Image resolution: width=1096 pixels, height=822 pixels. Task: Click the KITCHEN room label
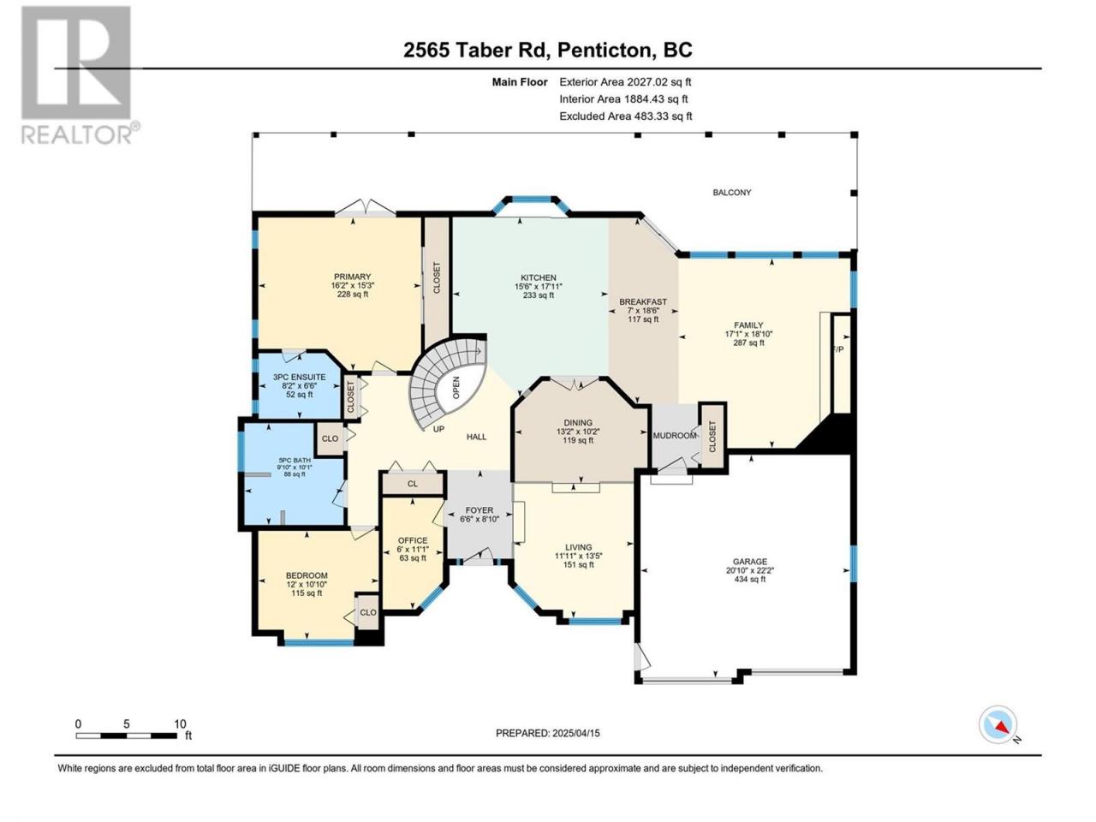(539, 277)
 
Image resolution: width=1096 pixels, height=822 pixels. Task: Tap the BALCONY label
(731, 192)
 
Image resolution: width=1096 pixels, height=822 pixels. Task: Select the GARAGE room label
(749, 562)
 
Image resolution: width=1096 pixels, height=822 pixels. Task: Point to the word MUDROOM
(675, 435)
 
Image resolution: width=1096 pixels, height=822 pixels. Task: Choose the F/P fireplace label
(838, 349)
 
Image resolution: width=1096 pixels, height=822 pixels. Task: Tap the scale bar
(127, 736)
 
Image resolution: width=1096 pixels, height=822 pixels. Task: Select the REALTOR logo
(80, 74)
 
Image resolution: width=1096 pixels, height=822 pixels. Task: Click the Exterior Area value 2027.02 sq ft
(625, 82)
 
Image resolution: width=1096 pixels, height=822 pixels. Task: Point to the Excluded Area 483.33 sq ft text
(626, 116)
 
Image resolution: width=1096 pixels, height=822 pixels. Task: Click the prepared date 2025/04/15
(575, 733)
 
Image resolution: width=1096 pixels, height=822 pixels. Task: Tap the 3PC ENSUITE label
(299, 377)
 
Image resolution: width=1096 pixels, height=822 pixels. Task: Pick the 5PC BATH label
(295, 460)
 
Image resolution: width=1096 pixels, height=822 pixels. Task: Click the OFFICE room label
(413, 540)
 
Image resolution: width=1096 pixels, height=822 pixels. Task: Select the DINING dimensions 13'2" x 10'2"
(578, 432)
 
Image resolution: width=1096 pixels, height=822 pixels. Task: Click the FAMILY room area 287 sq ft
(748, 342)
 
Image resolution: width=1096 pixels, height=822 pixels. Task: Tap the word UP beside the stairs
(438, 429)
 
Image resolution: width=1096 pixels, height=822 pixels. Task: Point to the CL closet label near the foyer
(413, 484)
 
